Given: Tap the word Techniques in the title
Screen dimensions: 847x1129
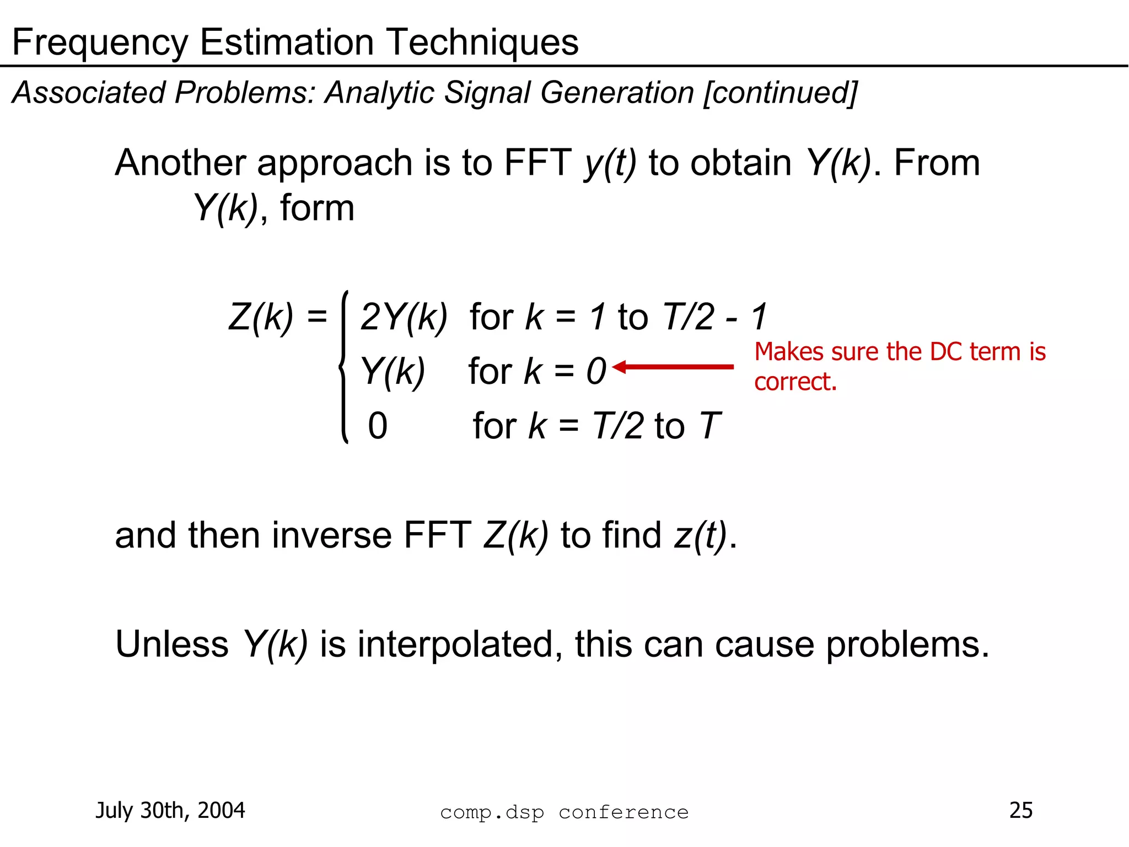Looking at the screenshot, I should tap(482, 42).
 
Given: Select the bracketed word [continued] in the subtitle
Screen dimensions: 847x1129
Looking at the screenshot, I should tap(780, 93).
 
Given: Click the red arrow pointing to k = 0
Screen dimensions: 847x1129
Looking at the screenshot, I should tap(673, 367).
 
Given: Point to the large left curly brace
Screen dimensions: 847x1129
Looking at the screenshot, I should tap(344, 367).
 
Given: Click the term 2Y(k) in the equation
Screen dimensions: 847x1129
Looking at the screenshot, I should tap(404, 317).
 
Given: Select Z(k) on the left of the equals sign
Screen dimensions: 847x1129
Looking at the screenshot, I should tap(261, 317).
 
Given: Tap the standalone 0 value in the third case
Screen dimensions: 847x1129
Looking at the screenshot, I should tap(378, 426).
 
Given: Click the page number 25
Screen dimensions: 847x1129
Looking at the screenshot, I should tap(1020, 810).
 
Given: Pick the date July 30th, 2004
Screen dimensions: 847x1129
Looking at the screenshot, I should tap(170, 810).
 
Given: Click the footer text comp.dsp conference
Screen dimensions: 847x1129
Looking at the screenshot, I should tap(564, 812).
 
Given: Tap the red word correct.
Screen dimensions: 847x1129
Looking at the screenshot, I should tap(795, 382).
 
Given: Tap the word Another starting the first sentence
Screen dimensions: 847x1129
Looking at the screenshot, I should tap(180, 163).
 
